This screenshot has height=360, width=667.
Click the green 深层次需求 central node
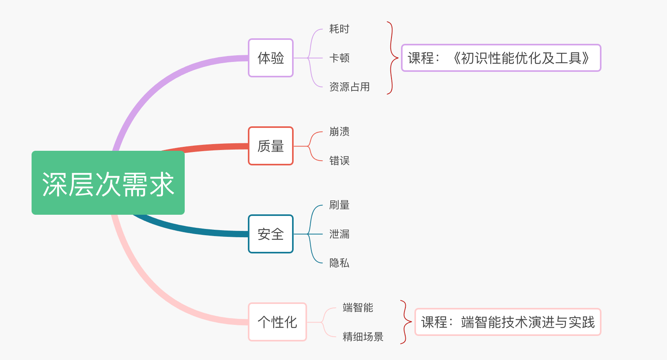click(x=108, y=183)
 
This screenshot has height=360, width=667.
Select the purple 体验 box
click(x=271, y=58)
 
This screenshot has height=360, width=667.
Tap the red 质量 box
click(x=271, y=146)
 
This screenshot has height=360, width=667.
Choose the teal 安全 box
click(x=271, y=234)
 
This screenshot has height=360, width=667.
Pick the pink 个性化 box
click(x=277, y=322)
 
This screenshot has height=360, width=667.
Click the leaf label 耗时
click(x=339, y=29)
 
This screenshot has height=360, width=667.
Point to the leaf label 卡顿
click(x=339, y=58)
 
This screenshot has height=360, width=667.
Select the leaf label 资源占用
click(x=350, y=87)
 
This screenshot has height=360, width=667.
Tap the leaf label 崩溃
click(x=339, y=131)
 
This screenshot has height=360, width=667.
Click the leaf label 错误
click(x=339, y=161)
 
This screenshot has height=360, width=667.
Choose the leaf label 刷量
click(x=339, y=205)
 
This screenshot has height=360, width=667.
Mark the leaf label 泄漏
click(x=339, y=234)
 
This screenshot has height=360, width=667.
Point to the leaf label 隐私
click(x=339, y=263)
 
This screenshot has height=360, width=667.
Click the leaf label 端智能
click(x=358, y=307)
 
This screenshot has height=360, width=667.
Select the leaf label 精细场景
click(x=363, y=337)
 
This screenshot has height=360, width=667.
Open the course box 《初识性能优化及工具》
click(x=501, y=58)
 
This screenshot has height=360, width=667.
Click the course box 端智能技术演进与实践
click(x=508, y=322)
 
